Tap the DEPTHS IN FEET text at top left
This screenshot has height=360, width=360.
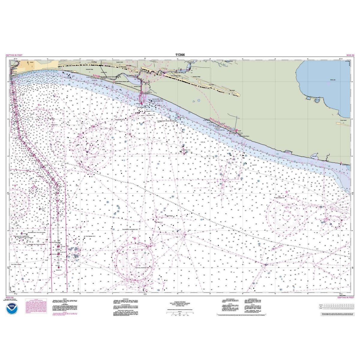(14, 55)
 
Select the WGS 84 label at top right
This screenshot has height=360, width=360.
(350, 55)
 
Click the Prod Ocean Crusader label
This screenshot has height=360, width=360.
(17, 265)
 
